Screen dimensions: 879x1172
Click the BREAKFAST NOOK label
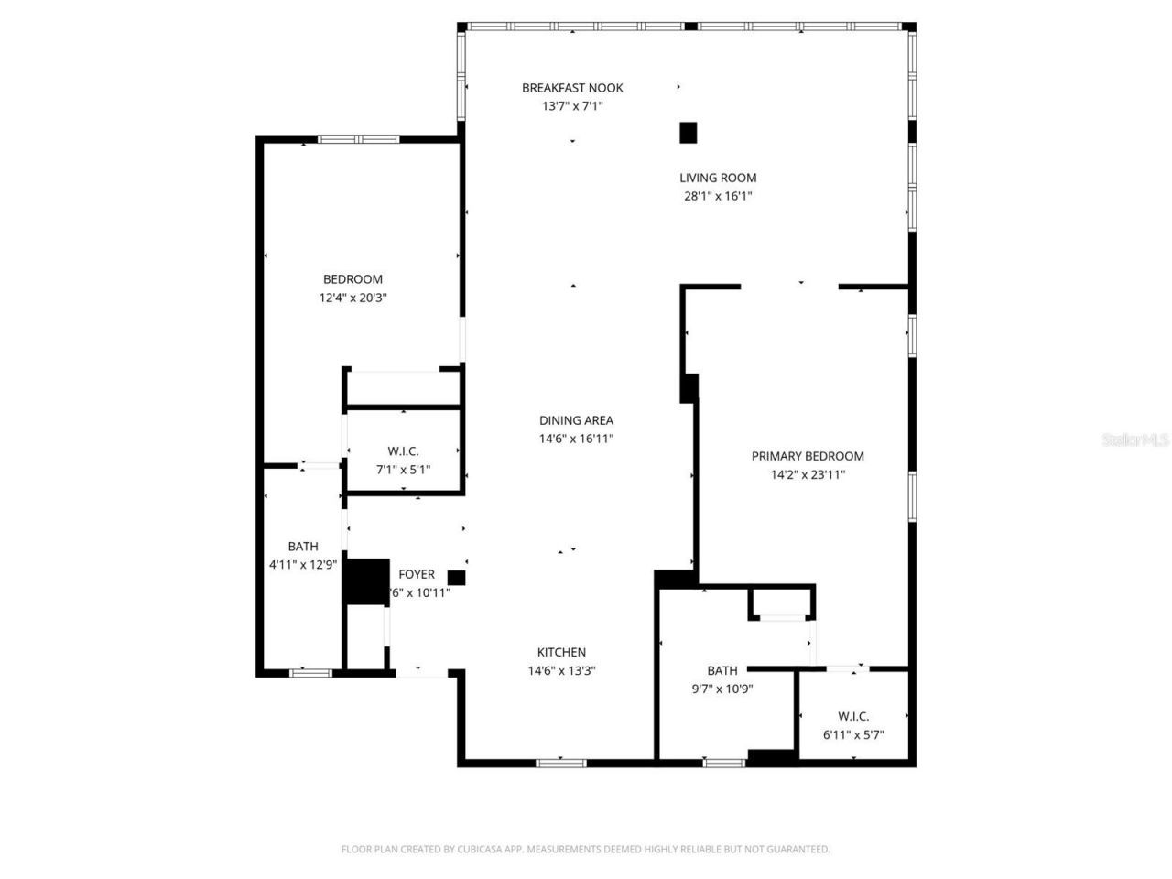(x=572, y=88)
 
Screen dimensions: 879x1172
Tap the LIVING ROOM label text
(x=718, y=178)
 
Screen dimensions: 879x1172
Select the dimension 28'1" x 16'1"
(x=718, y=196)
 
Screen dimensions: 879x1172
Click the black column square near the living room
(x=689, y=133)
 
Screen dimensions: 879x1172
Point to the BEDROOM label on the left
(x=353, y=279)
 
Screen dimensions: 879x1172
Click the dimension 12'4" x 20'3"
(x=353, y=298)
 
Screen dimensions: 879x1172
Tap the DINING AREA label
(x=576, y=420)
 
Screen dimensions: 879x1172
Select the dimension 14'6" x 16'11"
(x=576, y=439)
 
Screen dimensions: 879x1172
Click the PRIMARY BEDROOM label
(x=808, y=456)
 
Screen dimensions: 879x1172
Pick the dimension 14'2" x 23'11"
(x=808, y=474)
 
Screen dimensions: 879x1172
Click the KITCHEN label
(x=561, y=652)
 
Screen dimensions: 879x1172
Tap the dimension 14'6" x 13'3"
(x=561, y=670)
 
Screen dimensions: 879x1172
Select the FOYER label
(x=417, y=574)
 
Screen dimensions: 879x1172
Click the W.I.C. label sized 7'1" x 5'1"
(x=403, y=451)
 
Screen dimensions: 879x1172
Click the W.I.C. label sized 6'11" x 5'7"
(x=853, y=716)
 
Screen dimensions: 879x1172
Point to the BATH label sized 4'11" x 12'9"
(x=303, y=547)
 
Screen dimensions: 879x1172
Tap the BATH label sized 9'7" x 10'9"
(x=722, y=670)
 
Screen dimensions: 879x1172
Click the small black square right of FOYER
(x=456, y=578)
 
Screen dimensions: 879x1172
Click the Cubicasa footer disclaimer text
(x=585, y=849)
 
